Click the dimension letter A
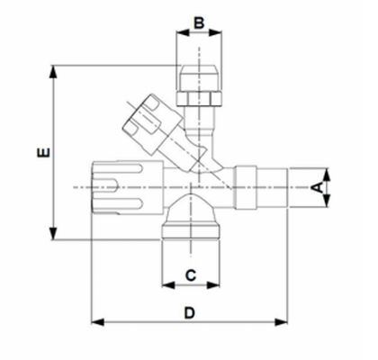tap(316, 188)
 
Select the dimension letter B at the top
tap(199, 20)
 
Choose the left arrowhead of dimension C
tap(165, 284)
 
